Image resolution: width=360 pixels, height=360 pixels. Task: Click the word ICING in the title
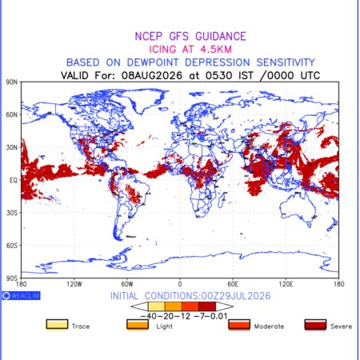tap(162, 50)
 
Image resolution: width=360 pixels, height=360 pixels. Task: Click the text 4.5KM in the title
tap(216, 50)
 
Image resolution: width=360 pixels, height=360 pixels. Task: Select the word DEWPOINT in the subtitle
tap(153, 62)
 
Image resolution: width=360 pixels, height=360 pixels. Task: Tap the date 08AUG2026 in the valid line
tap(152, 75)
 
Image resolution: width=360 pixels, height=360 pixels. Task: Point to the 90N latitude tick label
tap(12, 82)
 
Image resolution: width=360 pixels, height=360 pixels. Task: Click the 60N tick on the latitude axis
tap(12, 115)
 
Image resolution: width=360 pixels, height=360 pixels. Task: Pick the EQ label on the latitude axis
tap(14, 180)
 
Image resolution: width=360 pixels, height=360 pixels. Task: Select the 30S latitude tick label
tap(12, 213)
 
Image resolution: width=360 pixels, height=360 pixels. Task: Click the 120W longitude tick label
tap(74, 284)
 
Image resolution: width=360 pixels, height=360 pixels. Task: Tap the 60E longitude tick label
tap(233, 284)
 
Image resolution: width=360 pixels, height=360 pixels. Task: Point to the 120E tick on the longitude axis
tap(286, 284)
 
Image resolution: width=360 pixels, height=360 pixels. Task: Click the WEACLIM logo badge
tap(22, 295)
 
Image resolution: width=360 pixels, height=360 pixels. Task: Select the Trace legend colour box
tap(57, 325)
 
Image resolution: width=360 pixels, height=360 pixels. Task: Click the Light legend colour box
tap(138, 325)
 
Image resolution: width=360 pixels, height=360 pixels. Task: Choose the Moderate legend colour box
tap(239, 325)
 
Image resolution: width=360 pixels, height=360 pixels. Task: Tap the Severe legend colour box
tap(315, 325)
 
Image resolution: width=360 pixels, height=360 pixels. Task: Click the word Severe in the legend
tap(341, 326)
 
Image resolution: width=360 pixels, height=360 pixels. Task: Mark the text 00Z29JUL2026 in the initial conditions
tap(236, 296)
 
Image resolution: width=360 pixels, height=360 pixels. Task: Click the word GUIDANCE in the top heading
tap(221, 36)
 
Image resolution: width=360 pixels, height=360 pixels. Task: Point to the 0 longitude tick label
tap(180, 284)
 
